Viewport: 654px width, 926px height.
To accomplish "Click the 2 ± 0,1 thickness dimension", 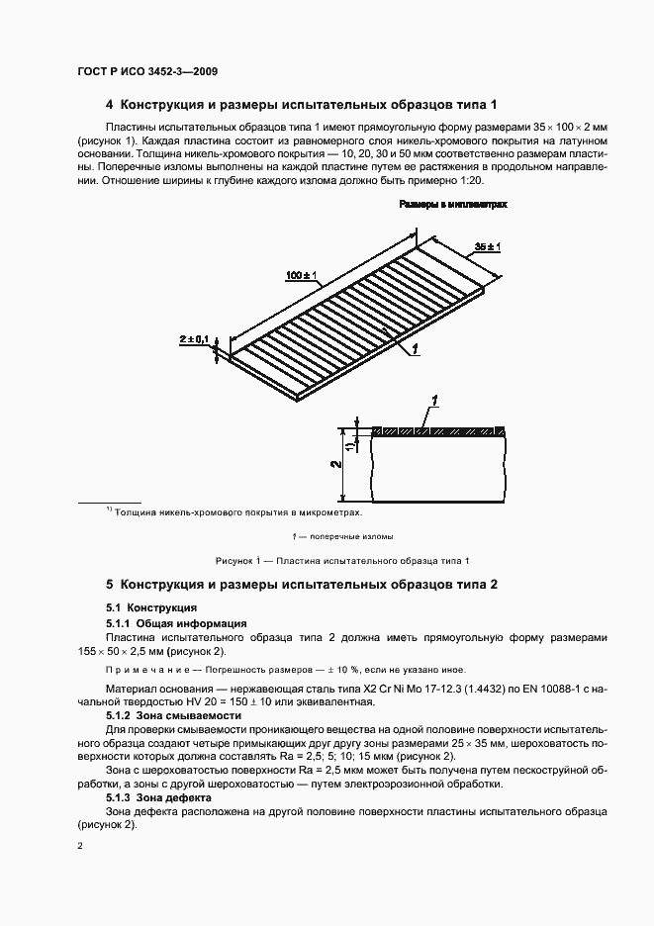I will (193, 340).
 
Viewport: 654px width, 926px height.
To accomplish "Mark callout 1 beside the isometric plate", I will (419, 347).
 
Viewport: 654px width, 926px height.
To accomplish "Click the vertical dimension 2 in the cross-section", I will (336, 465).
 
